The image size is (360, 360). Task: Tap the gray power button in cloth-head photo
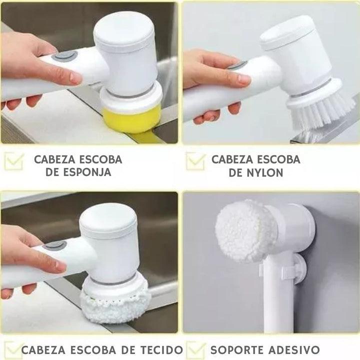(54, 245)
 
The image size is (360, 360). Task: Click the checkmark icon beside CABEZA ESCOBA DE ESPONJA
(14, 161)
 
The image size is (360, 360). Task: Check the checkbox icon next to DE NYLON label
(195, 161)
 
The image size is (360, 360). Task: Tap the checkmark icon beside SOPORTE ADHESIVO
(195, 349)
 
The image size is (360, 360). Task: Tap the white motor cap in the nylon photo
(287, 32)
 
